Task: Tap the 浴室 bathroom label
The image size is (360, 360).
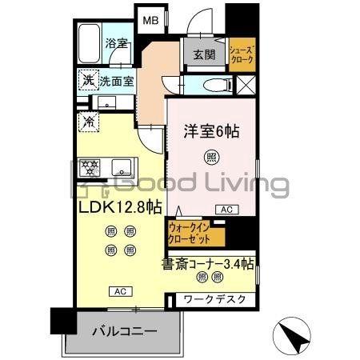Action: pyautogui.click(x=118, y=45)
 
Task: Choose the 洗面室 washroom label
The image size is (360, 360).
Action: pyautogui.click(x=117, y=81)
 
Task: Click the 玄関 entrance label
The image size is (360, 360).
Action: pyautogui.click(x=203, y=55)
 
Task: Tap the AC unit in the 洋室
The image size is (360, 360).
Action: pyautogui.click(x=227, y=210)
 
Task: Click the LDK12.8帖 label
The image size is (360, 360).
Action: pyautogui.click(x=120, y=207)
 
